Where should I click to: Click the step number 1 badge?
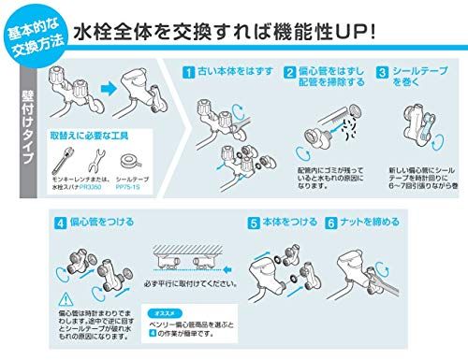point(187,72)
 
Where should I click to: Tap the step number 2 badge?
point(281,72)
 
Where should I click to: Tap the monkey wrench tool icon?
point(68,151)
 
